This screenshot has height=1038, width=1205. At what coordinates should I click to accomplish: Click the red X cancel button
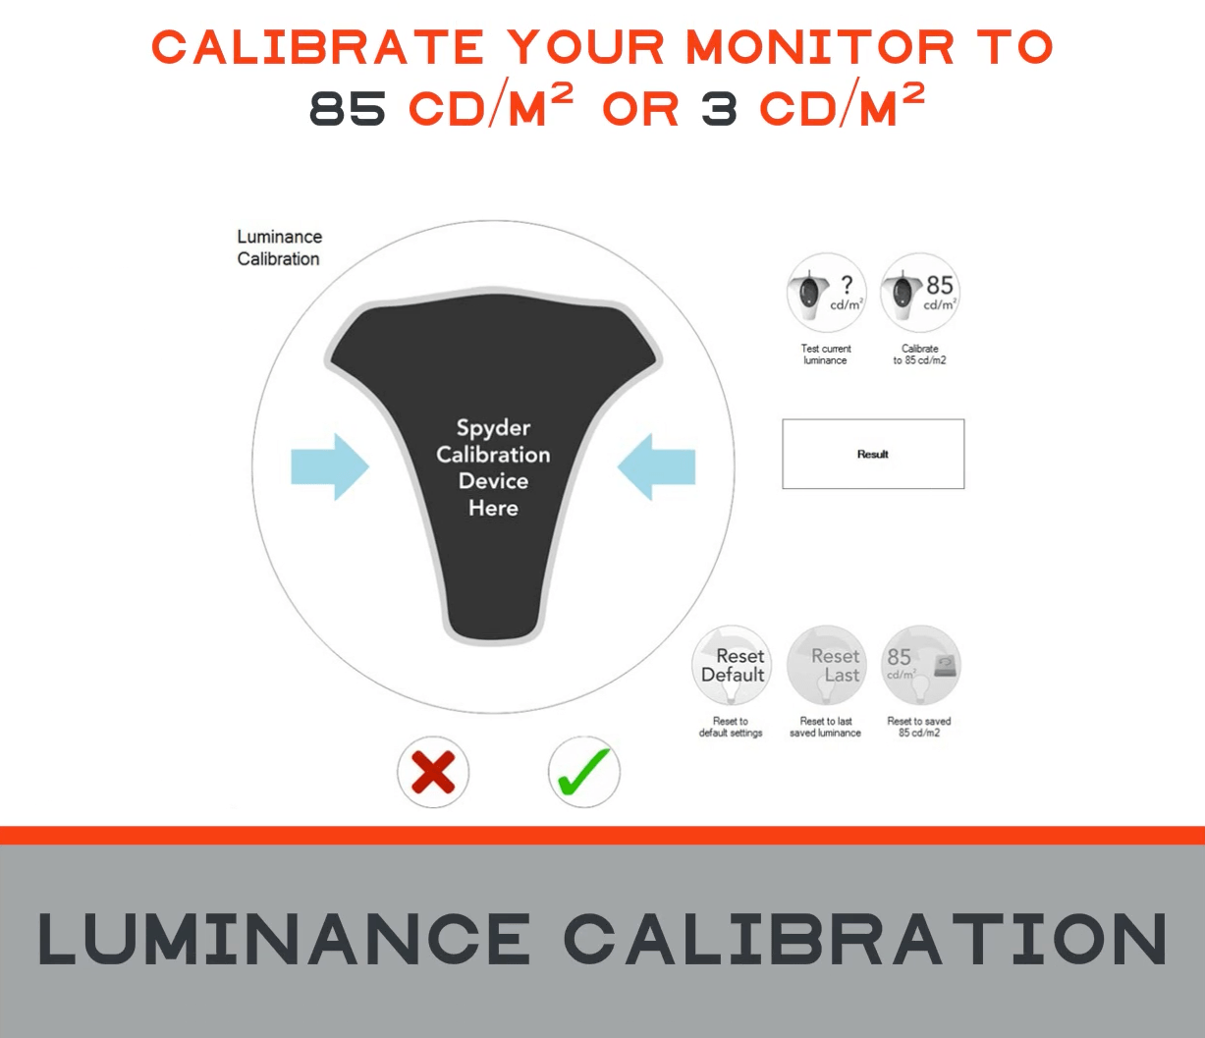[433, 772]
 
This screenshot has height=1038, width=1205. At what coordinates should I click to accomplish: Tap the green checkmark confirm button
[584, 772]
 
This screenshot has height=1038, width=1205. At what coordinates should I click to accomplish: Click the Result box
[873, 454]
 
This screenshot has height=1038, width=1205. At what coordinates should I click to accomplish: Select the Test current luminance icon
[826, 293]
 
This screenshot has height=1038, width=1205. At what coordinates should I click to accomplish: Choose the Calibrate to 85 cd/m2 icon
[920, 293]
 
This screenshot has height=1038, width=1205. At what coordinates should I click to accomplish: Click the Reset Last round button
[826, 665]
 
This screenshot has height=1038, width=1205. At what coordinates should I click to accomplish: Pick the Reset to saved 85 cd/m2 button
[920, 665]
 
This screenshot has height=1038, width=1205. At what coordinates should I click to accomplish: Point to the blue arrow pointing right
[330, 466]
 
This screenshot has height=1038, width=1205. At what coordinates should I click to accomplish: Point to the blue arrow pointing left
[656, 466]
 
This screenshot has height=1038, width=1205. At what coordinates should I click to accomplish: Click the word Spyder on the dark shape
[493, 428]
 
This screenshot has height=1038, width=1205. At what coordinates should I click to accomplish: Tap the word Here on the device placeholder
[493, 509]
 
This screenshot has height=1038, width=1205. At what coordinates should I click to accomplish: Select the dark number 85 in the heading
[348, 109]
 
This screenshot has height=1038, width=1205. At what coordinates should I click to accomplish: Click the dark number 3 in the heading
[720, 109]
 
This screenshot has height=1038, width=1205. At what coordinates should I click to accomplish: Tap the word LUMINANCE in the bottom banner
[284, 939]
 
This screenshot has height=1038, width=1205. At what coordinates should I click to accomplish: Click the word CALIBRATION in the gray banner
[866, 939]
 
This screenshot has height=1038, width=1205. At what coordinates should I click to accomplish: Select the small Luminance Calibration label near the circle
[279, 247]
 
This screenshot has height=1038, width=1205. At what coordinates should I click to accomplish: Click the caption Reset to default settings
[731, 727]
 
